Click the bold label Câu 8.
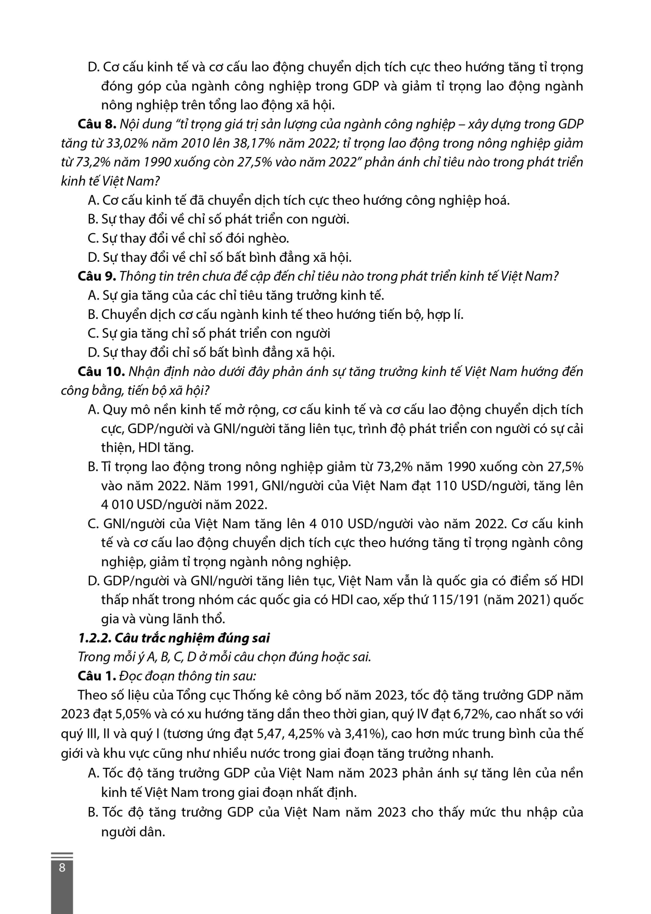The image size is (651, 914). [x=97, y=124]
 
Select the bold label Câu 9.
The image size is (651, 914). [x=97, y=276]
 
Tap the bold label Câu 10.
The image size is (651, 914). [x=101, y=371]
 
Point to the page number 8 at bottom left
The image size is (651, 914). [x=62, y=867]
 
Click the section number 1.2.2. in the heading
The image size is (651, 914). [x=94, y=638]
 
